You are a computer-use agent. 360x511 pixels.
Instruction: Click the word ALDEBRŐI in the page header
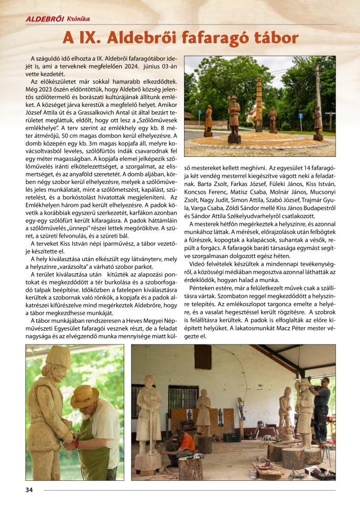[44, 19]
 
